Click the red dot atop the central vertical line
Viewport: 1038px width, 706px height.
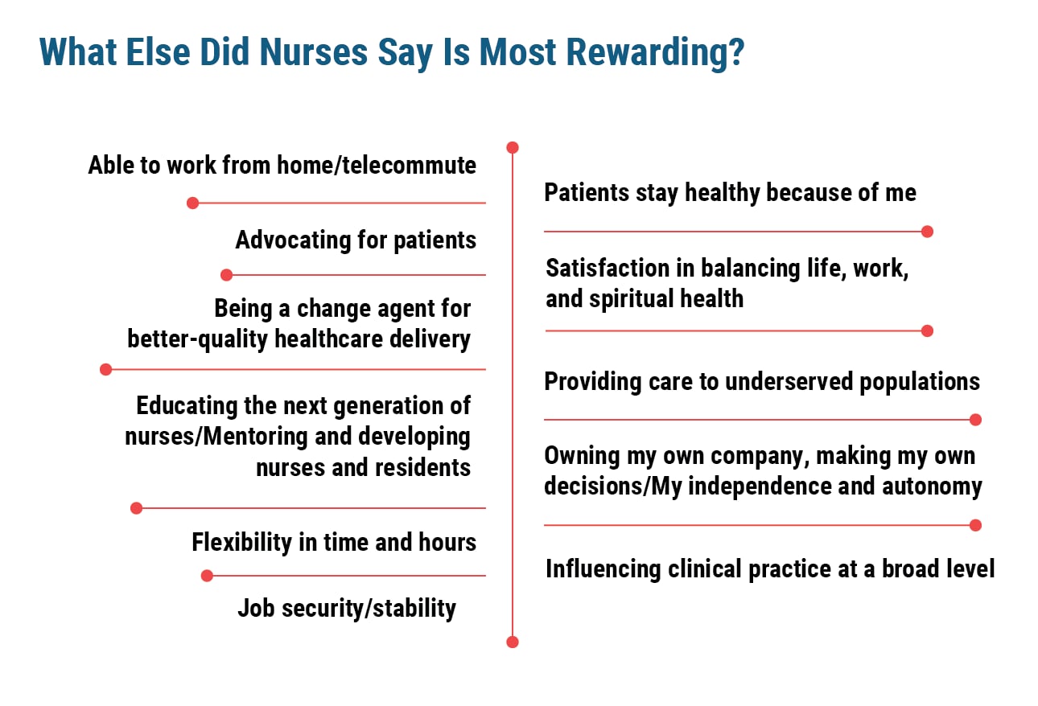click(x=513, y=148)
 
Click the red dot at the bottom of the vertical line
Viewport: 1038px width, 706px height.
click(x=513, y=642)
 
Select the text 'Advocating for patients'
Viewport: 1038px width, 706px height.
click(x=356, y=240)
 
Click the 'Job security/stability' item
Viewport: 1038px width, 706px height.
click(x=347, y=608)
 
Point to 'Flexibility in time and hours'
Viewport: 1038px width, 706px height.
click(x=334, y=543)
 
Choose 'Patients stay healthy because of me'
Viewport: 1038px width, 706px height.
click(x=730, y=193)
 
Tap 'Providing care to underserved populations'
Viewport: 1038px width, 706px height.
click(x=762, y=381)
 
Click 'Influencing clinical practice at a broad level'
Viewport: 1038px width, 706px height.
click(x=770, y=569)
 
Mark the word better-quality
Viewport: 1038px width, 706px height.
click(x=199, y=339)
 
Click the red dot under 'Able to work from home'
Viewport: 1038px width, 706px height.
click(x=192, y=203)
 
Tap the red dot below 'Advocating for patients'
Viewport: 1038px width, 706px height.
click(x=226, y=275)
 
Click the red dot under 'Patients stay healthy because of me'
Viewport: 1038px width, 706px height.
click(x=927, y=232)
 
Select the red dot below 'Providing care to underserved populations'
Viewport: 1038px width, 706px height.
click(x=975, y=420)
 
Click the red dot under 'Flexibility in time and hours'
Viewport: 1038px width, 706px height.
click(x=207, y=576)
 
